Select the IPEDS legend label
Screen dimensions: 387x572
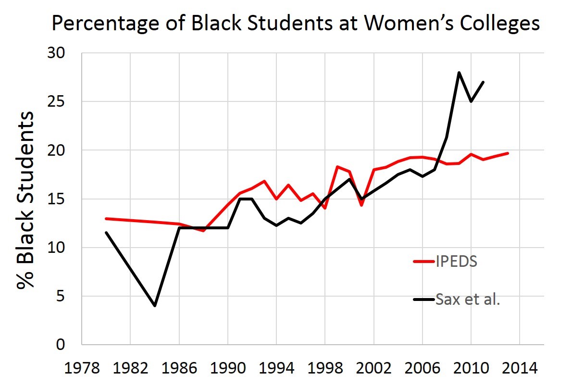tap(457, 262)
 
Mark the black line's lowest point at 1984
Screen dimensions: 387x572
tap(155, 306)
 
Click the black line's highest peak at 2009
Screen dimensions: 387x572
tap(459, 73)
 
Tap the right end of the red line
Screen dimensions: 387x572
tap(508, 153)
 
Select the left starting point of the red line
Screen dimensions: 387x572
tap(106, 218)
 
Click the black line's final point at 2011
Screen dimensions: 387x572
tap(483, 82)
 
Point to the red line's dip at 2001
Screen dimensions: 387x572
tap(361, 205)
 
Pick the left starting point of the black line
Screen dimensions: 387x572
tap(106, 233)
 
